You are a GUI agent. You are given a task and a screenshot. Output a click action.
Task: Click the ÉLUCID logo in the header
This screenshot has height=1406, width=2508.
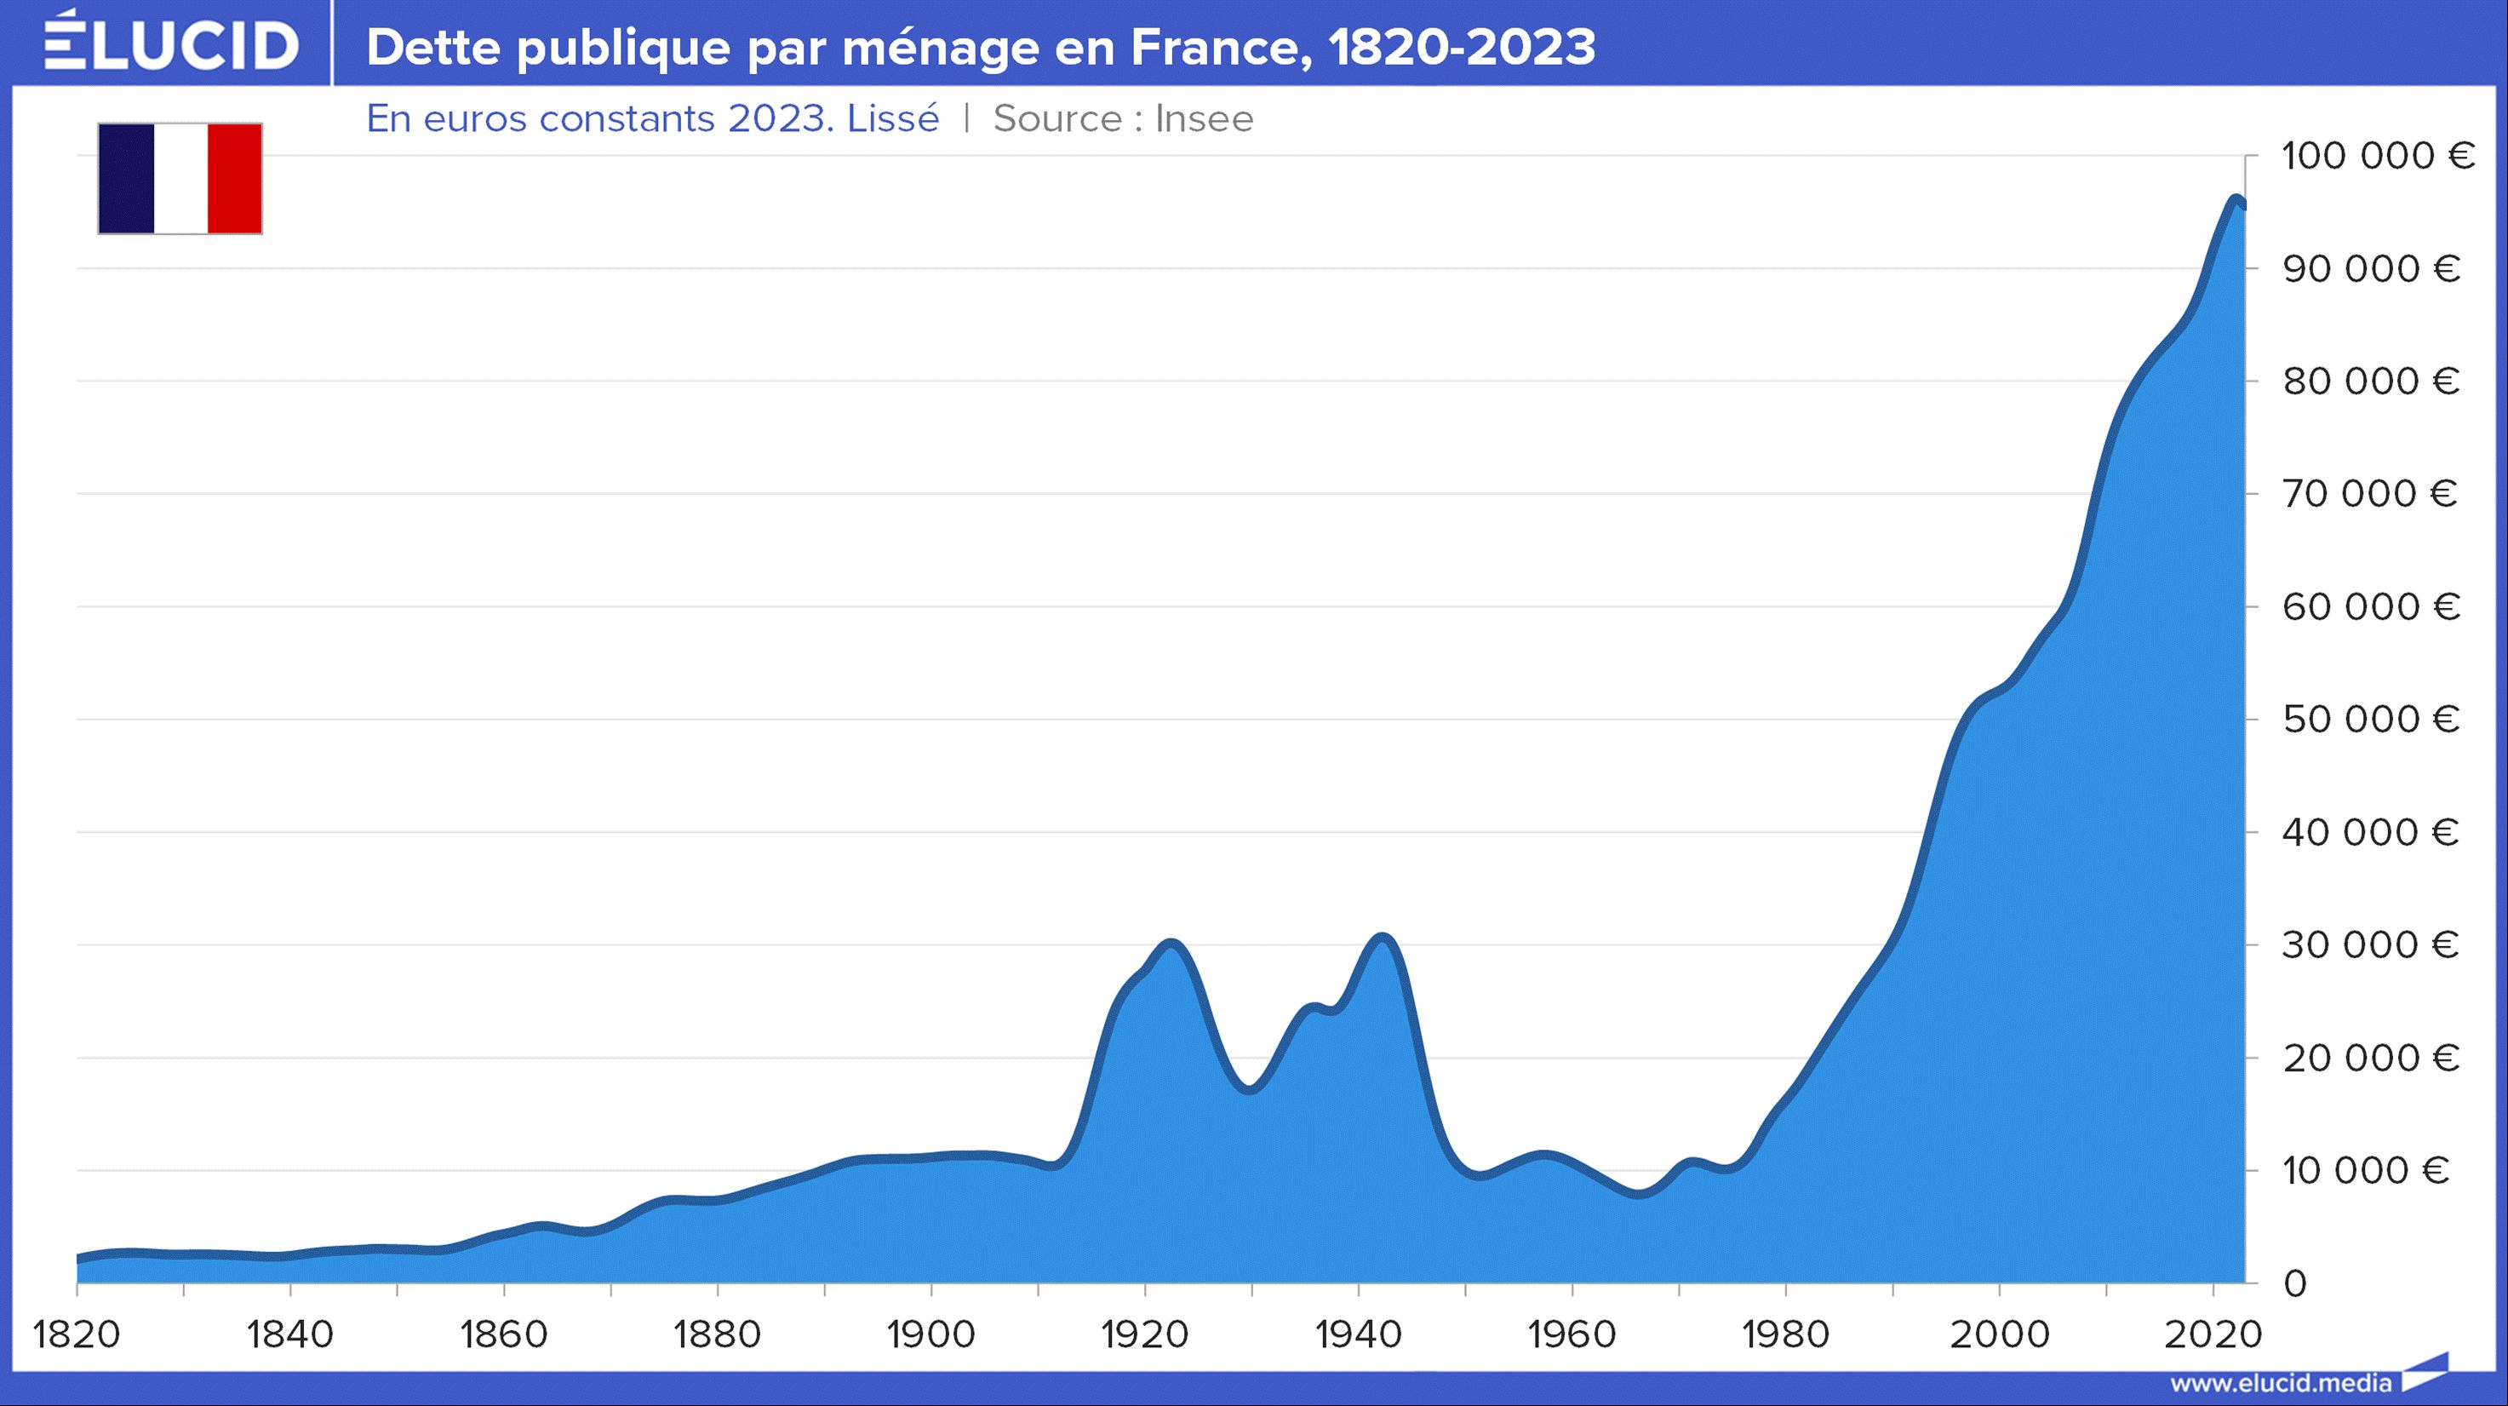(x=171, y=43)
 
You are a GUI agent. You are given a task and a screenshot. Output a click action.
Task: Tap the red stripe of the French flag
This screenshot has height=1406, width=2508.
(x=235, y=178)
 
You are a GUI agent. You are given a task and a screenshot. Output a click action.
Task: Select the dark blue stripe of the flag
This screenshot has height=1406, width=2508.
(x=127, y=178)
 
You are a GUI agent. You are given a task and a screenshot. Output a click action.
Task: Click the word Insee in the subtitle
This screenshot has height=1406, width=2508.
(x=1204, y=118)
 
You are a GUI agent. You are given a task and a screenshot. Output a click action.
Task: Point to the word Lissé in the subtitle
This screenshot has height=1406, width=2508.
(x=893, y=118)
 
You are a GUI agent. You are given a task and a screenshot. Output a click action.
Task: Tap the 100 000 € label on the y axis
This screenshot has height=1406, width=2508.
(x=2378, y=156)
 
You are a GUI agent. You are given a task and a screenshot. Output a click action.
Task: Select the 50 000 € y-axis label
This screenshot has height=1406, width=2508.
(x=2371, y=720)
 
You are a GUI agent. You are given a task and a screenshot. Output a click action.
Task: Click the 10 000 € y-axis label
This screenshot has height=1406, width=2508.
(x=2366, y=1170)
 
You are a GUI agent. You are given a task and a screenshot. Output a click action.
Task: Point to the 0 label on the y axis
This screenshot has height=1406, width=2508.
(x=2295, y=1283)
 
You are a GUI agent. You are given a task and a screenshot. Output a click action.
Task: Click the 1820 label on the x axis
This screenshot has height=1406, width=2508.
(x=77, y=1334)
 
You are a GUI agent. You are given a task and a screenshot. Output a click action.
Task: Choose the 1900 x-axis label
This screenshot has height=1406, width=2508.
(x=930, y=1334)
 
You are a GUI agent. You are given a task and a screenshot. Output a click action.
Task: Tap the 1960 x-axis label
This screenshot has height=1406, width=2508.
(x=1572, y=1334)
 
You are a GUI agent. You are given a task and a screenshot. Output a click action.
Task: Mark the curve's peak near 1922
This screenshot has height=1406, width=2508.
(x=1171, y=943)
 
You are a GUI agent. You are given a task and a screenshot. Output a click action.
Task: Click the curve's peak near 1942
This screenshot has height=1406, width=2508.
(x=1383, y=937)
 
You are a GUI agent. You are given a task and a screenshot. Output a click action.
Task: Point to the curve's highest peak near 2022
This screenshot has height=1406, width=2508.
(x=2236, y=198)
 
